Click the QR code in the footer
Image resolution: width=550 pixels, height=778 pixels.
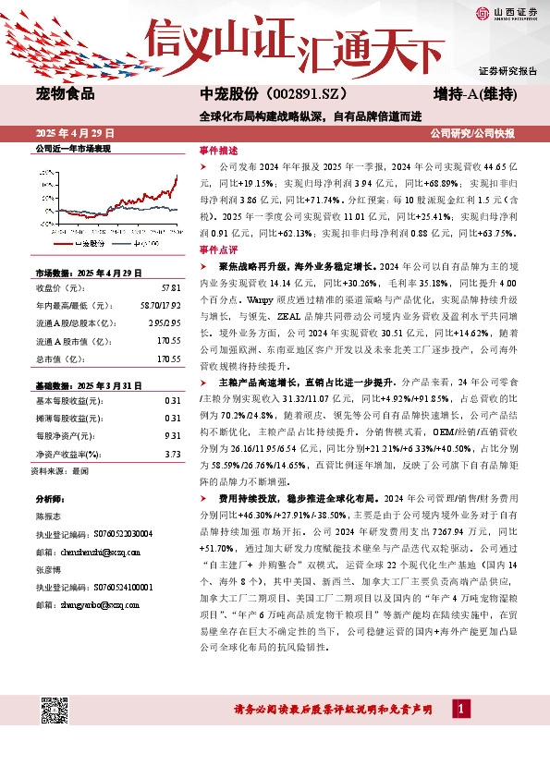(54, 710)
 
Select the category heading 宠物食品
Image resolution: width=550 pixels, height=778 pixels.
(65, 94)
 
